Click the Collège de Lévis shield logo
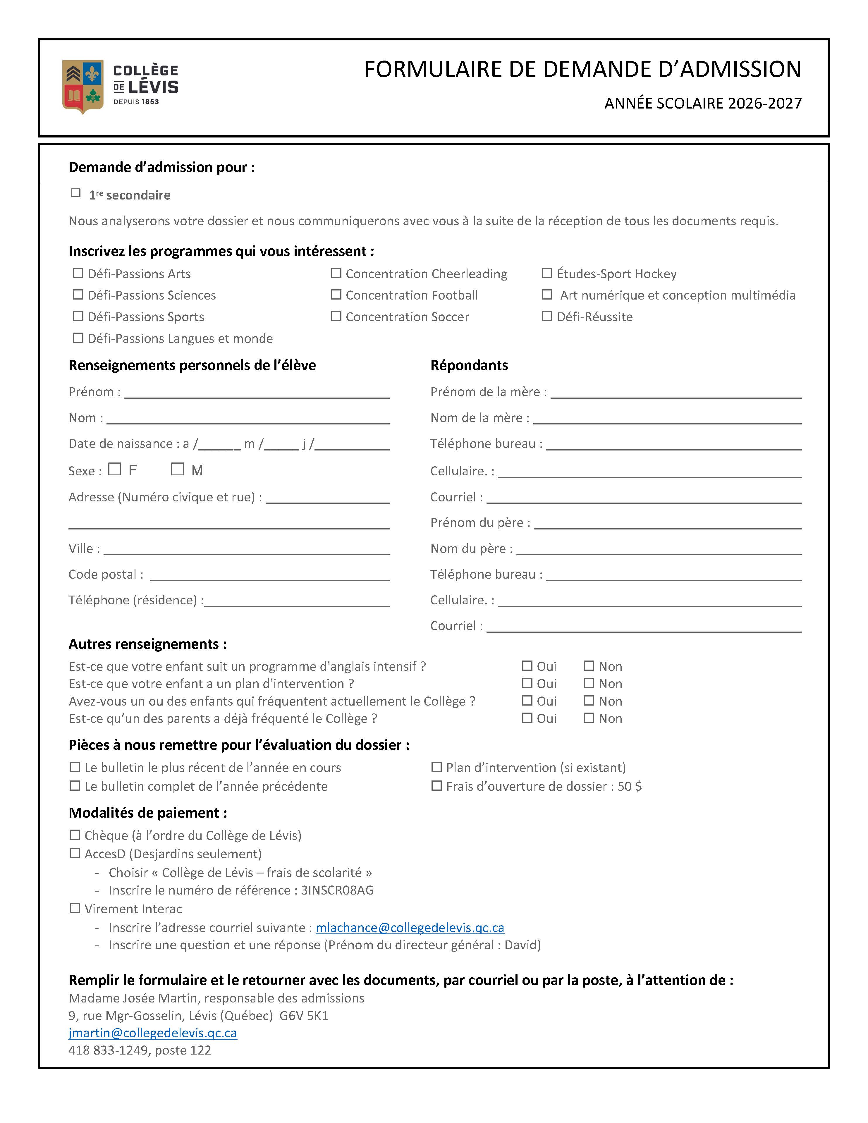click(x=82, y=86)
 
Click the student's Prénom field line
click(x=257, y=393)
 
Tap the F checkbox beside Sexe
click(x=115, y=469)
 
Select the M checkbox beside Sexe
click(x=177, y=469)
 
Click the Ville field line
click(x=247, y=550)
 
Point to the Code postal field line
click(x=270, y=576)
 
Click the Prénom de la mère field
click(x=676, y=393)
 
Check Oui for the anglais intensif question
click(x=527, y=666)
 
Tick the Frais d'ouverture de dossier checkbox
click(x=436, y=786)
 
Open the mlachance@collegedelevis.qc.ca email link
click(x=410, y=928)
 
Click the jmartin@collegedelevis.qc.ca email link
click(x=153, y=1033)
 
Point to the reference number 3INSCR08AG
click(x=337, y=890)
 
